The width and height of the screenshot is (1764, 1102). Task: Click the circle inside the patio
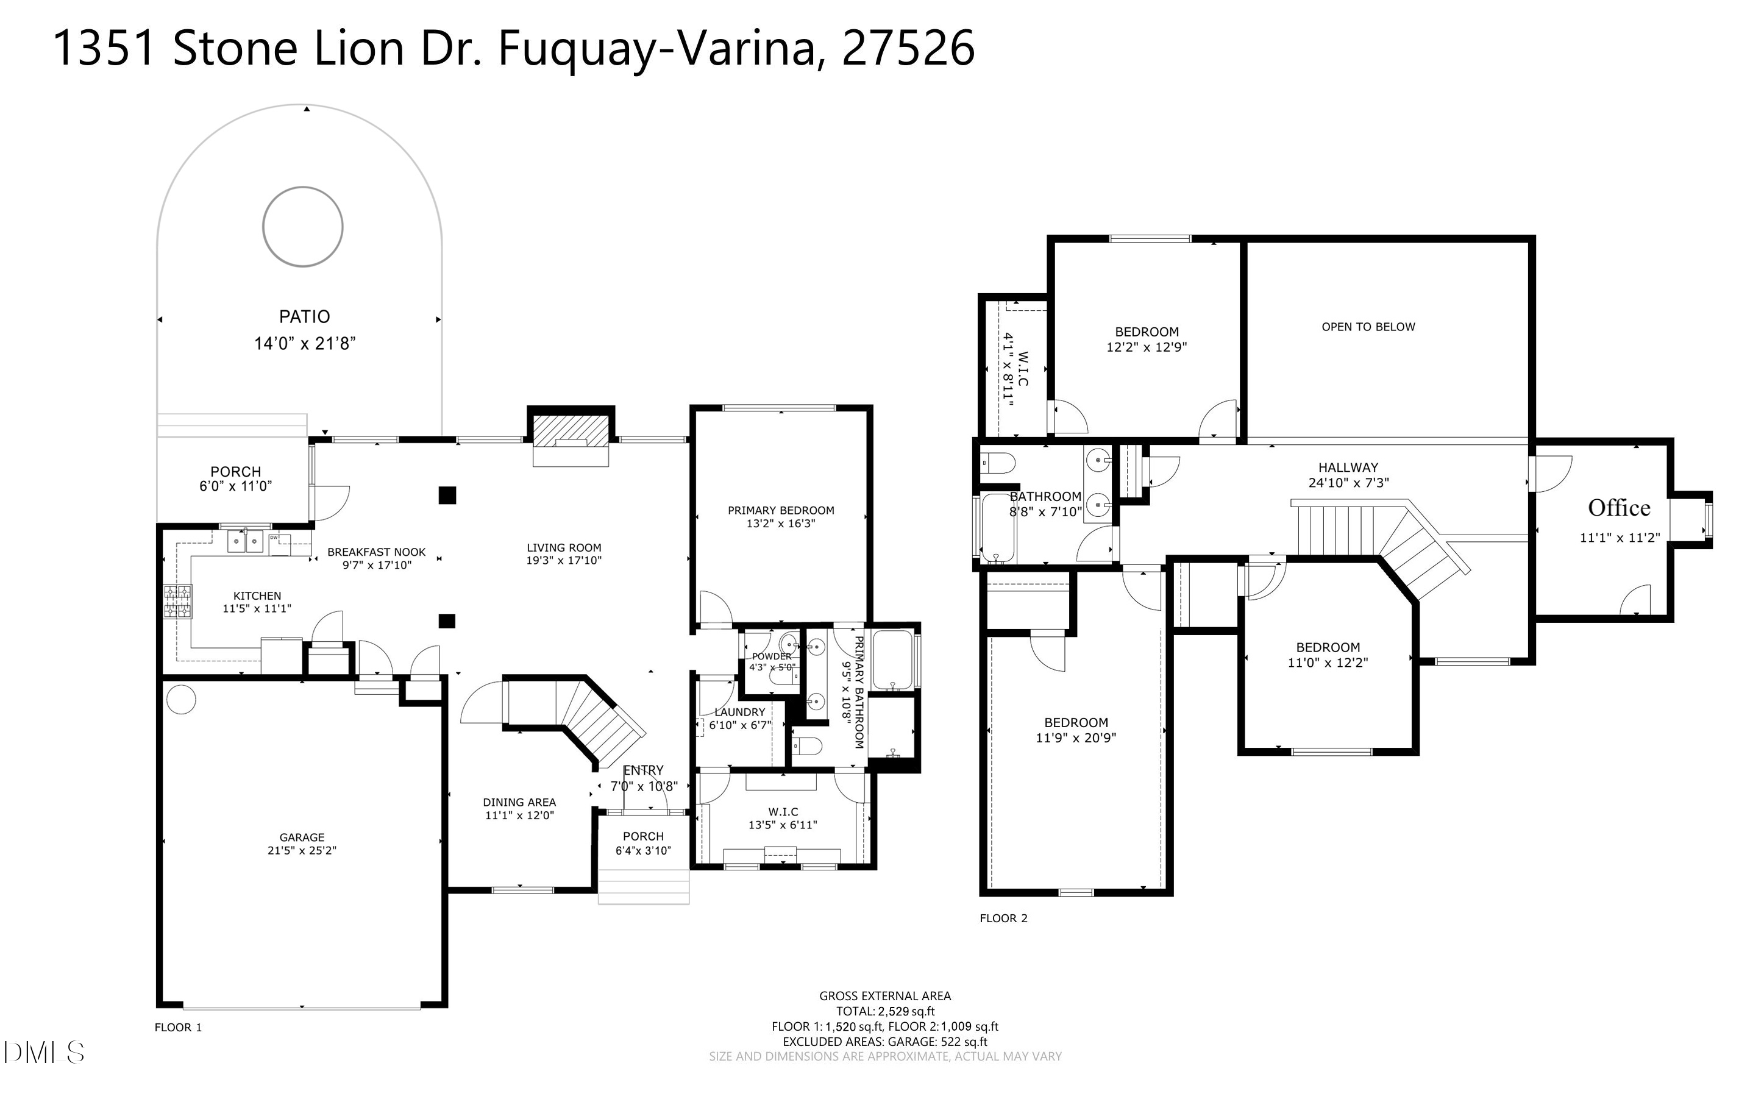click(x=264, y=227)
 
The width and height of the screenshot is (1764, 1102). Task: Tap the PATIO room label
click(x=305, y=317)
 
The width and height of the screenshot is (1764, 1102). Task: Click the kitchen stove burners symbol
click(x=178, y=602)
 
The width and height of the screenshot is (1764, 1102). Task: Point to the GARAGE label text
click(x=302, y=837)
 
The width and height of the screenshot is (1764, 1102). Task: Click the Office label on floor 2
click(x=1619, y=508)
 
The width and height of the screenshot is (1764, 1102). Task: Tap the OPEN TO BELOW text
click(x=1368, y=327)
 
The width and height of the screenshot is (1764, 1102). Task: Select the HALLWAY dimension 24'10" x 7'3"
click(x=1349, y=483)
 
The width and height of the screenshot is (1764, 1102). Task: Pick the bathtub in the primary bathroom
click(x=892, y=660)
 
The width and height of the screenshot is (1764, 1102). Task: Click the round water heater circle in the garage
click(x=182, y=700)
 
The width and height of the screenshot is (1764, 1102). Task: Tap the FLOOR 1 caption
click(x=178, y=1028)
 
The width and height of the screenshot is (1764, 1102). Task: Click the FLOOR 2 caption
click(x=1003, y=919)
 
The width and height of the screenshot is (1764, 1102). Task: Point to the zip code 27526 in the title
click(x=908, y=48)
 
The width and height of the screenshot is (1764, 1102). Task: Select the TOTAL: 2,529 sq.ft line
click(x=885, y=1012)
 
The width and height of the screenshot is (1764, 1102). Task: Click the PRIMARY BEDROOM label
click(x=781, y=510)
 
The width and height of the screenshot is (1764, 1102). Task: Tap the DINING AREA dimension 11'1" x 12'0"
click(x=519, y=816)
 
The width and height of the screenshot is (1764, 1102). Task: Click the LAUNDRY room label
click(x=739, y=712)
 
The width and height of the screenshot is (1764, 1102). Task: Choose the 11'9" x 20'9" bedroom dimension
click(x=1076, y=738)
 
